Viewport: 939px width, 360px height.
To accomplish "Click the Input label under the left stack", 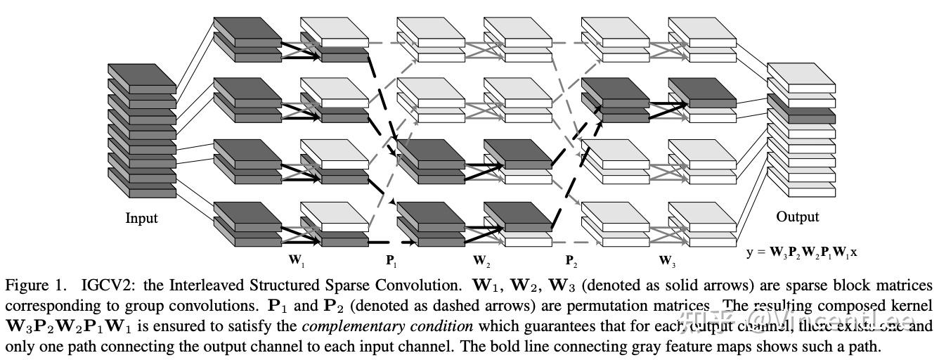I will [141, 218].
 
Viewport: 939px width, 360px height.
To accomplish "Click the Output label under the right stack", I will [797, 217].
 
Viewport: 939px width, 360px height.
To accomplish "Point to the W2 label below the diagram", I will [481, 261].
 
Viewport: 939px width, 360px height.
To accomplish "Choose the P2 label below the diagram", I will [571, 261].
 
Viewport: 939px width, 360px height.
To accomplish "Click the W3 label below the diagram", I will [667, 261].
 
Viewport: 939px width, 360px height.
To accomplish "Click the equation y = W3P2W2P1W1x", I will [801, 252].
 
